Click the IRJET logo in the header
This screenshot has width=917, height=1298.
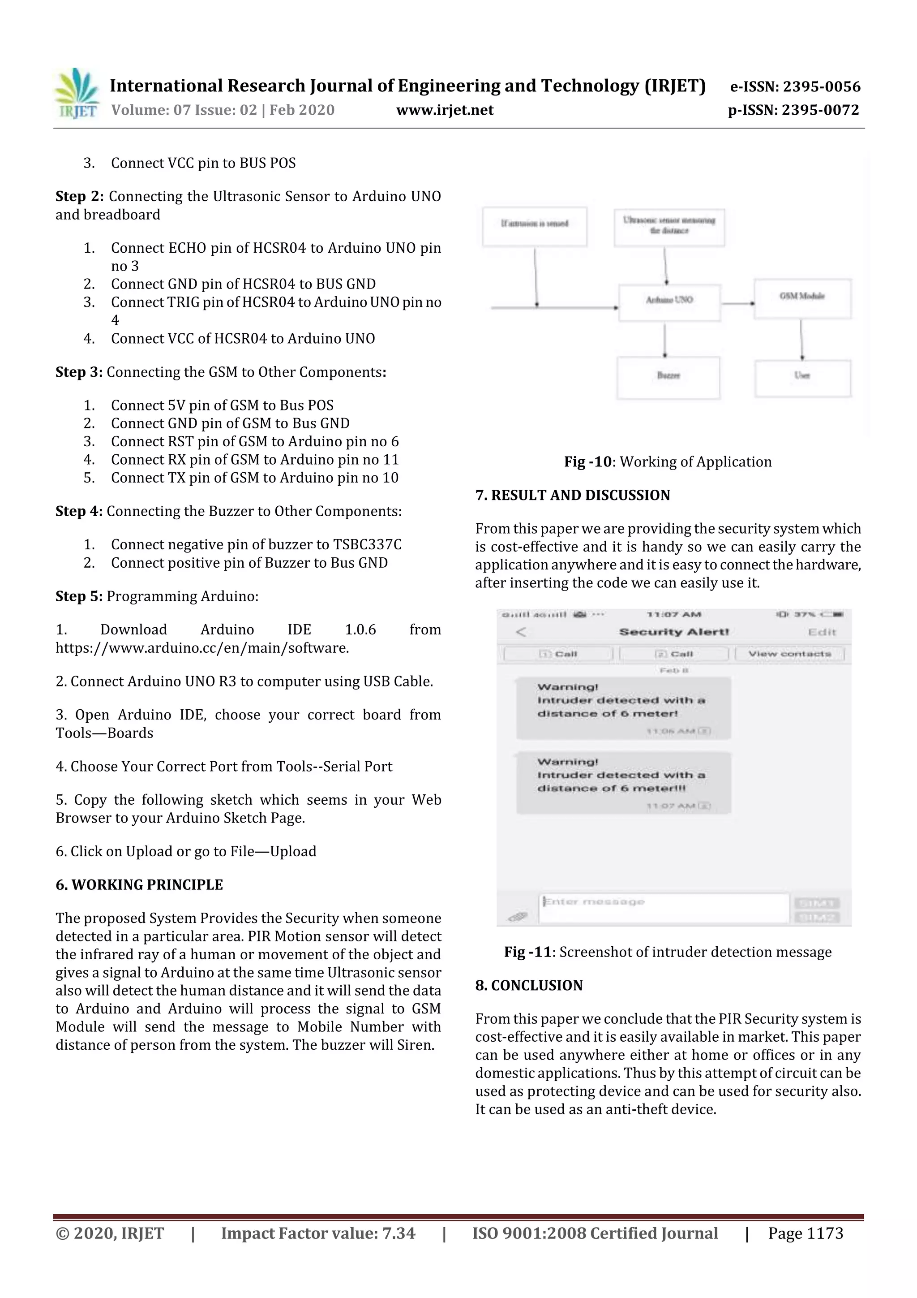(x=77, y=93)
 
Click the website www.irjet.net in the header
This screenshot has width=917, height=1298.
(x=445, y=110)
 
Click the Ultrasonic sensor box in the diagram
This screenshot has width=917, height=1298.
(x=669, y=227)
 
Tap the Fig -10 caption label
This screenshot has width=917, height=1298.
(x=587, y=462)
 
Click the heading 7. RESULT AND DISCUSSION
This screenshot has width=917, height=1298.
(x=572, y=495)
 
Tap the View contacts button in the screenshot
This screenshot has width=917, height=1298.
(x=789, y=654)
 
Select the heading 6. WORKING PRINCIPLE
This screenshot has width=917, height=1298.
(x=139, y=885)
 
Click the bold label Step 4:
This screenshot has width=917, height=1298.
(x=78, y=511)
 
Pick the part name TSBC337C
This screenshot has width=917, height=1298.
(x=367, y=544)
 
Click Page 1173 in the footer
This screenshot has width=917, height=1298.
(x=805, y=1233)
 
